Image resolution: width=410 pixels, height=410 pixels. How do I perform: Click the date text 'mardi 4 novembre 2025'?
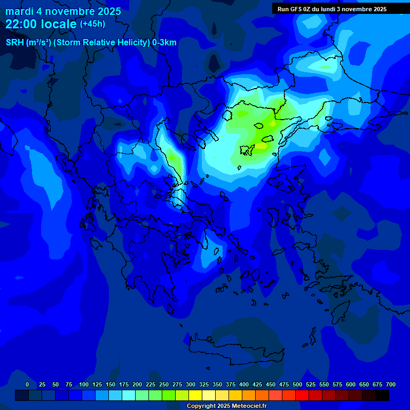tap(63, 11)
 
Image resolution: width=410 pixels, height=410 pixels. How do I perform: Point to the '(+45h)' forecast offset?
tap(92, 24)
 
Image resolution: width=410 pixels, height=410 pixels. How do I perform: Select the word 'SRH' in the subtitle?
tap(14, 43)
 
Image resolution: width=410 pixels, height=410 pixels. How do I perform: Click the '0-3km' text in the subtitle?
tap(164, 43)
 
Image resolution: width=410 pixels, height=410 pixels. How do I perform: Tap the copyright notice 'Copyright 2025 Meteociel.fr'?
tap(226, 406)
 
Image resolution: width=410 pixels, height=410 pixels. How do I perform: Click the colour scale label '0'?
tap(27, 384)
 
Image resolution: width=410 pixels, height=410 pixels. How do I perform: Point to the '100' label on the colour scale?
tap(83, 384)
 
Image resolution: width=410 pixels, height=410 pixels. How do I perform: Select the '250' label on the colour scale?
tap(163, 384)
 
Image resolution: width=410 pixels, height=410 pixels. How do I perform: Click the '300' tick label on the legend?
tap(190, 384)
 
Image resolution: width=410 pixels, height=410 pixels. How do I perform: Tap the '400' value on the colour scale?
tap(243, 384)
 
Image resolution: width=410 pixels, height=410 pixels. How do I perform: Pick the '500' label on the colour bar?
tap(297, 384)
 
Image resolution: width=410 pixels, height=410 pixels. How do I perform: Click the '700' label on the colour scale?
tap(390, 384)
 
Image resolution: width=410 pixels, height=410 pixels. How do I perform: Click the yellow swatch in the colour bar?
tap(195, 396)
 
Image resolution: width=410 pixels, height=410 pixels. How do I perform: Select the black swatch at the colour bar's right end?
tap(382, 396)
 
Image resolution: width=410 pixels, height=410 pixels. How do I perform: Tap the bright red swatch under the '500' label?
tap(302, 396)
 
